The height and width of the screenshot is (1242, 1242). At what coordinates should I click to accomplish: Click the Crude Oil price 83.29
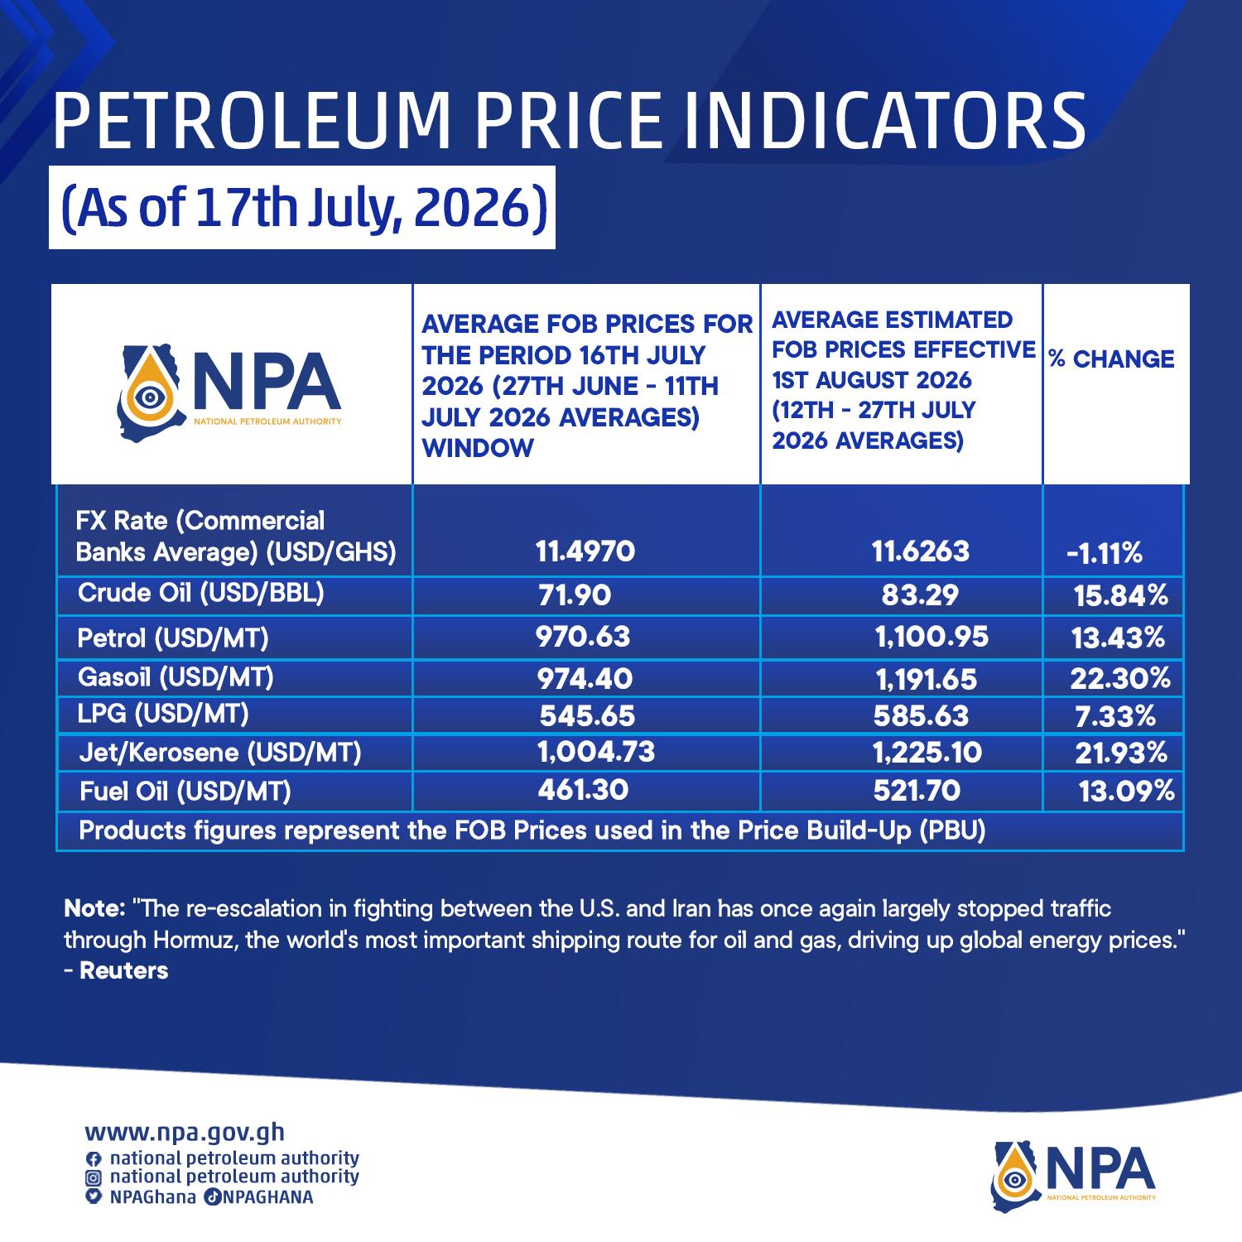(920, 595)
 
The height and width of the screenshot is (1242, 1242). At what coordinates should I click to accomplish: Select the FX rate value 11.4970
(585, 551)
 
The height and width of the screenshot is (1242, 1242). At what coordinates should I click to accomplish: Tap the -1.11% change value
(1105, 553)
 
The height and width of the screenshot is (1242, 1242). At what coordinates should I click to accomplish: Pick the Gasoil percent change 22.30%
(1120, 679)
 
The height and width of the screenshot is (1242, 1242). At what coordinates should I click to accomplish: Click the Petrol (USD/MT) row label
(173, 638)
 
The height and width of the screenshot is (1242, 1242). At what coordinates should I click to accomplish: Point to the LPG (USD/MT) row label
(163, 713)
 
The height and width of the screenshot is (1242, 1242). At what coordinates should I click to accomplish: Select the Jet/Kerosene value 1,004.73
(596, 751)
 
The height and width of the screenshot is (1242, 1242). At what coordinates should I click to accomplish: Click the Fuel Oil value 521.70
(917, 791)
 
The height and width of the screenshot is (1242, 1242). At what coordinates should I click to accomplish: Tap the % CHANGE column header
(1112, 359)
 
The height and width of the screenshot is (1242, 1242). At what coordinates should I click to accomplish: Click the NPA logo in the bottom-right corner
(1073, 1172)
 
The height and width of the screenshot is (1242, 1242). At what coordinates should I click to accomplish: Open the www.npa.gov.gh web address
(185, 1133)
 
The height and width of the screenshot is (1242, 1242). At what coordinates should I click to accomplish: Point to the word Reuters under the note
(124, 971)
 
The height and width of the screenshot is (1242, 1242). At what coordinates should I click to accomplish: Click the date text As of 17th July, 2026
(302, 207)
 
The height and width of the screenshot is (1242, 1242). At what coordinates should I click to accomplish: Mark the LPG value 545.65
(587, 715)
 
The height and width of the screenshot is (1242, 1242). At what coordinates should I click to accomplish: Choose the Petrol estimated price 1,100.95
(931, 637)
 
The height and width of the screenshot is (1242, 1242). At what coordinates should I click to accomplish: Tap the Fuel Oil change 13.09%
(1127, 792)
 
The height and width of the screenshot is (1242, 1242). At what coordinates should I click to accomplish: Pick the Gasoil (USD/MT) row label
(176, 677)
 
